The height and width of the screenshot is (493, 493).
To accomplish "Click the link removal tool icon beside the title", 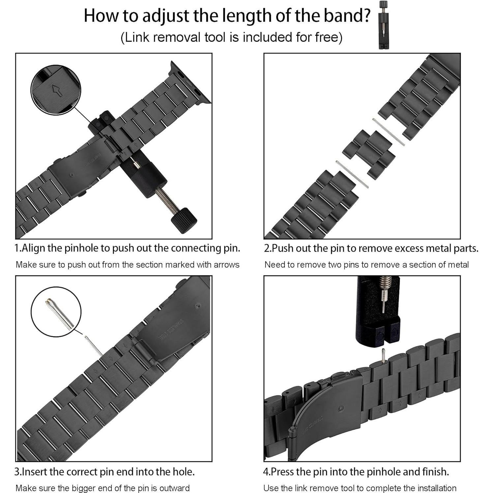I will coord(383,25).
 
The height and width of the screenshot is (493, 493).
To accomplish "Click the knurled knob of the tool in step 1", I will coord(184,220).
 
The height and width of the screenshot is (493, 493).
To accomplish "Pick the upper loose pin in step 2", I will coord(388,132).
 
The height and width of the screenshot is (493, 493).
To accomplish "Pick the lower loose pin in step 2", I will coord(352,174).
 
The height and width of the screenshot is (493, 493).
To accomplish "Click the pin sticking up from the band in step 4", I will coord(383,356).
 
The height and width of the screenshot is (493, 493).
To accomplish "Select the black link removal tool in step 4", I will coord(378,311).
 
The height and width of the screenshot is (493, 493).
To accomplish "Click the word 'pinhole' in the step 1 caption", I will coord(81,248).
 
